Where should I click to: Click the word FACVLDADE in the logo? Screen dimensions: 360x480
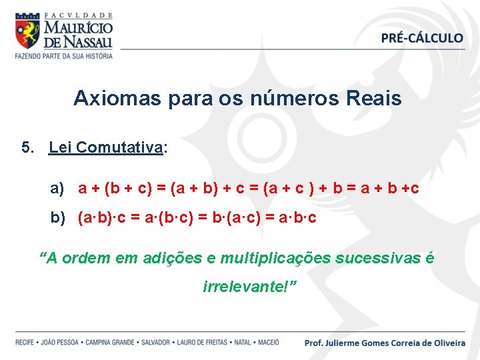(x=77, y=15)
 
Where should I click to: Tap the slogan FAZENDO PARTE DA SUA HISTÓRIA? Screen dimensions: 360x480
(x=64, y=55)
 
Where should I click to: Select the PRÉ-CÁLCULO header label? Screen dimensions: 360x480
(x=422, y=38)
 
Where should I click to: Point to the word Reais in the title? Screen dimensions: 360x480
(x=374, y=99)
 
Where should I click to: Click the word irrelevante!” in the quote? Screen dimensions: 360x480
(x=249, y=286)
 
